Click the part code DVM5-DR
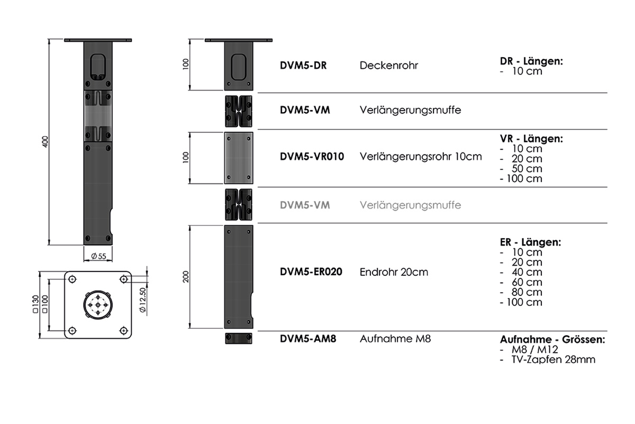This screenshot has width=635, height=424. click(303, 66)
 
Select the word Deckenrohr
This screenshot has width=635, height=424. click(388, 66)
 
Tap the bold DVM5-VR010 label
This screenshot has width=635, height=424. click(312, 157)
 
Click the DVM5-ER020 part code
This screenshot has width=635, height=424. click(311, 272)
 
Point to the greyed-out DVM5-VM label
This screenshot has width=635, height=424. click(305, 205)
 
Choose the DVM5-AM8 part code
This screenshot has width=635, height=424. click(308, 339)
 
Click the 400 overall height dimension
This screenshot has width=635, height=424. click(46, 141)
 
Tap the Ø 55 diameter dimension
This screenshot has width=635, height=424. click(98, 256)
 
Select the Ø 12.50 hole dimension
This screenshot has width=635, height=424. click(142, 300)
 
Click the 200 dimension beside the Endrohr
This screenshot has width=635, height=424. click(186, 277)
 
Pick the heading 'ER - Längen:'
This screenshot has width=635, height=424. click(530, 242)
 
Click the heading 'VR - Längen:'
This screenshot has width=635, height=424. click(531, 139)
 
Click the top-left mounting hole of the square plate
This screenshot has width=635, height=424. click(72, 279)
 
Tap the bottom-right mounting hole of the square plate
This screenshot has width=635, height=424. click(123, 330)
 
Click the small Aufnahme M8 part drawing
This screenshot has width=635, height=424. click(239, 338)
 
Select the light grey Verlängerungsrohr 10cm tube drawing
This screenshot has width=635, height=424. click(239, 158)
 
